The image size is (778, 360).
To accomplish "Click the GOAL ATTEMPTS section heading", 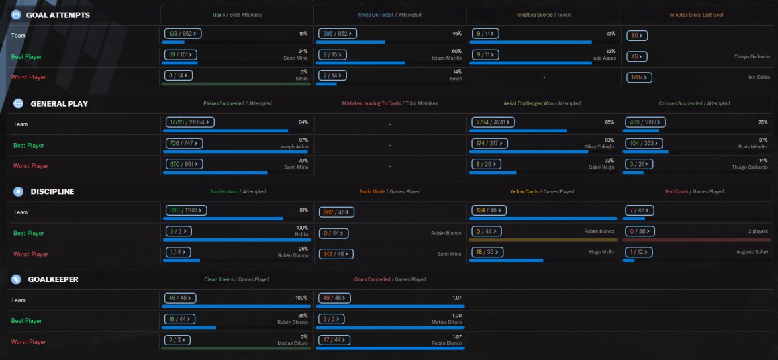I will tap(58, 15).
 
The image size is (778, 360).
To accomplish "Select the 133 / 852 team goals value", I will tap(182, 33).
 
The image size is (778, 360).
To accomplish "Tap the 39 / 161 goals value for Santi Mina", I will tap(180, 54).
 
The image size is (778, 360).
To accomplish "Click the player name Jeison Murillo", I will tap(448, 58).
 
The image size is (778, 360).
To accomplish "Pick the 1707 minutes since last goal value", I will tap(640, 78).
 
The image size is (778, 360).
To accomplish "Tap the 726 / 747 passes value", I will tap(183, 143).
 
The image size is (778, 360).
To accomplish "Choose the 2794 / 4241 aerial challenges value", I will tap(493, 122).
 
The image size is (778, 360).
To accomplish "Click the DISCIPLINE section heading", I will tap(52, 192).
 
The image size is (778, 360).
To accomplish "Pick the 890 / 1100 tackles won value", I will tap(186, 210).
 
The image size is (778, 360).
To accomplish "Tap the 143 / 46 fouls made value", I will tap(336, 253).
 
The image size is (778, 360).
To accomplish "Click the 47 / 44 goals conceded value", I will tap(335, 340).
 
